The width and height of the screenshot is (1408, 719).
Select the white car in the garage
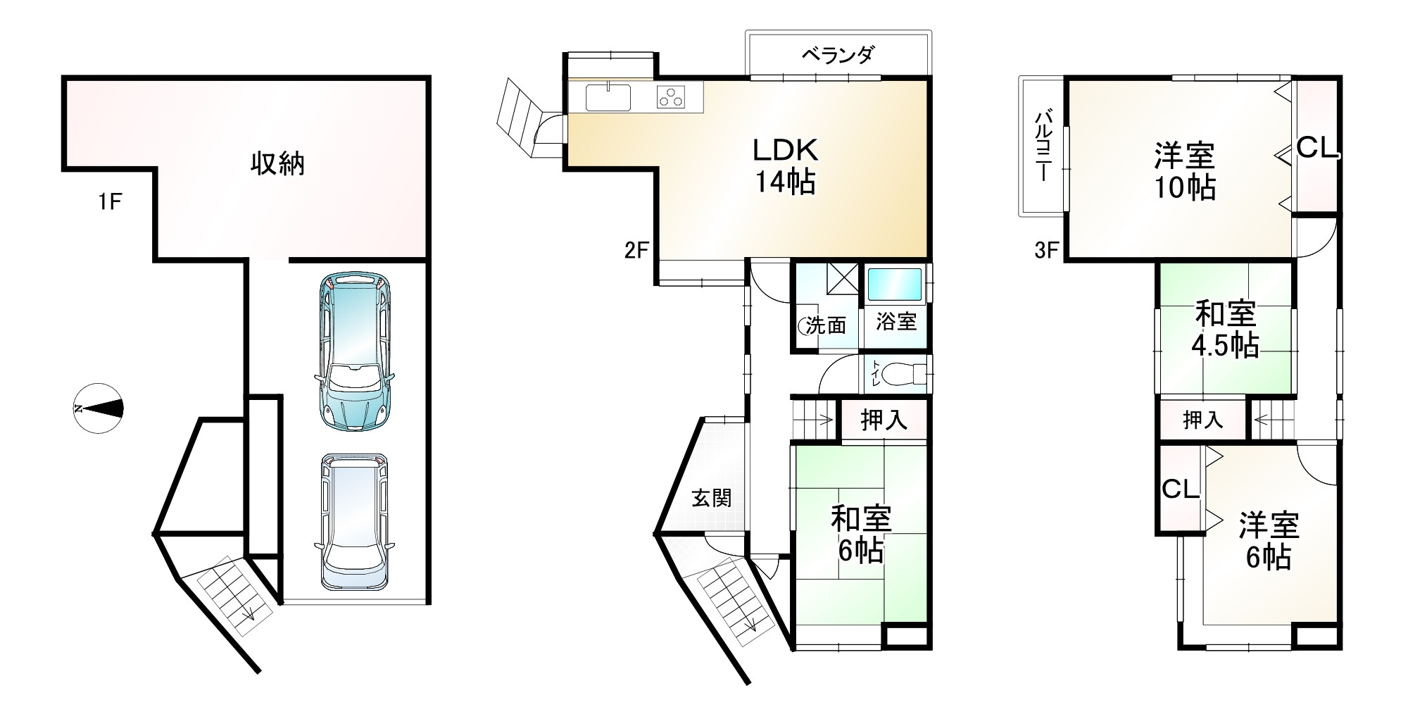354,520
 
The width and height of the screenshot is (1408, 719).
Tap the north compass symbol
99,408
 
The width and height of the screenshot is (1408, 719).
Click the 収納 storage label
277,164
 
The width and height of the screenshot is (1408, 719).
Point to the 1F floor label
111,203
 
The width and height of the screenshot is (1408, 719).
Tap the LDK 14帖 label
785,166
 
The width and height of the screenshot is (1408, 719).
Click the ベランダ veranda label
837,54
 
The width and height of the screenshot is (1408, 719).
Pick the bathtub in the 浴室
893,285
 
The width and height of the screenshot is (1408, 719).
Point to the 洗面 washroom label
826,325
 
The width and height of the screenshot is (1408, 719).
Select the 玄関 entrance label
712,498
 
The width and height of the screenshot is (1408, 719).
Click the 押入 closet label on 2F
884,420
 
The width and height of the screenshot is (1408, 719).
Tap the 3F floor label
1047,251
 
